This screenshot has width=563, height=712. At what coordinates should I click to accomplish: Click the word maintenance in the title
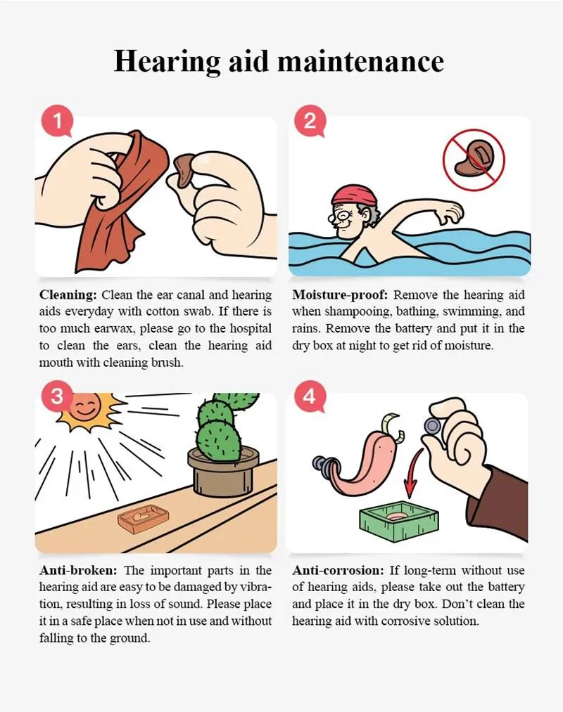click(x=360, y=61)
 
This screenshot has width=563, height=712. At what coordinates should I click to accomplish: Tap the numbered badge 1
click(x=57, y=121)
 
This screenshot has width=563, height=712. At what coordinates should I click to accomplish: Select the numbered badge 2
click(x=310, y=121)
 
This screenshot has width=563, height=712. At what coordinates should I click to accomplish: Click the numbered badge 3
click(x=57, y=397)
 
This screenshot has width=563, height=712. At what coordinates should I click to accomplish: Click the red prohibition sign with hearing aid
click(x=474, y=158)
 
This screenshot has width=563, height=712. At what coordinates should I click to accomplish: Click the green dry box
click(x=399, y=522)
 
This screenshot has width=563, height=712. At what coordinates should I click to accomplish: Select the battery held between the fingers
click(x=431, y=426)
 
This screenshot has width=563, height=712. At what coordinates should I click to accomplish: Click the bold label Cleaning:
click(x=68, y=295)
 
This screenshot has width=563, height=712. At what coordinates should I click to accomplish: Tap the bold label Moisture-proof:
click(x=340, y=295)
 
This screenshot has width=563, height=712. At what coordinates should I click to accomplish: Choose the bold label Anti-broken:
click(x=78, y=570)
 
